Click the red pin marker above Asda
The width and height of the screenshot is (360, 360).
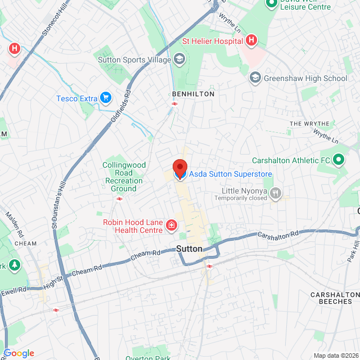(x=179, y=168)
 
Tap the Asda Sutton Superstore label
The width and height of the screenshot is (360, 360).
(x=230, y=174)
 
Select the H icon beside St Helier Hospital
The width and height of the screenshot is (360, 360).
(x=251, y=40)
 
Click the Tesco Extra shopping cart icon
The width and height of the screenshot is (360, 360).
(x=105, y=98)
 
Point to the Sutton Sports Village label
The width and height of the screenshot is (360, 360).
(x=134, y=59)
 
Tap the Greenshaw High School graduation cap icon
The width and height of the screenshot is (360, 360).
(x=255, y=78)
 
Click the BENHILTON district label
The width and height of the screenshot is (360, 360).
(x=193, y=94)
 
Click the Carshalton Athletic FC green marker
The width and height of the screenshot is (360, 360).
(x=339, y=160)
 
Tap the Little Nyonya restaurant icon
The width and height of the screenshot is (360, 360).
(x=275, y=194)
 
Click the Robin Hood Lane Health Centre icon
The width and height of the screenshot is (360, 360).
(x=171, y=226)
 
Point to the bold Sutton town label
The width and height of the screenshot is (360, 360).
(x=189, y=248)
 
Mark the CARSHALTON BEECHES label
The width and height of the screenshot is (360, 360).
(x=335, y=298)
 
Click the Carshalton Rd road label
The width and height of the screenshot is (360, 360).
(x=278, y=235)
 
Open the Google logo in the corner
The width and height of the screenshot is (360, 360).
(x=19, y=353)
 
